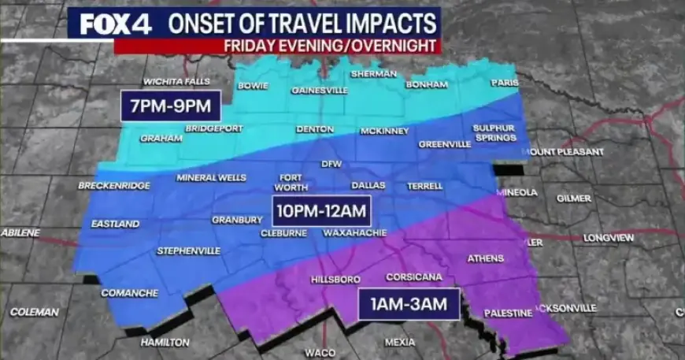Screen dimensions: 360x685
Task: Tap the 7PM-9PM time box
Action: point(171,106)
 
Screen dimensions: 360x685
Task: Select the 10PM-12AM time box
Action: point(321,210)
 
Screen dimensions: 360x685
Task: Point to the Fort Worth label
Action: point(290,183)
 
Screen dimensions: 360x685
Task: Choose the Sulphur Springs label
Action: point(494,132)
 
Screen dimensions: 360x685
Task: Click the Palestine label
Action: point(509,313)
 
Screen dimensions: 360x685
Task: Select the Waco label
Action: point(320,352)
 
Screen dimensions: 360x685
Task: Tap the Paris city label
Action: point(505,82)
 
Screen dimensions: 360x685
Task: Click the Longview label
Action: point(609,237)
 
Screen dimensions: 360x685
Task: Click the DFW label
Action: point(331,164)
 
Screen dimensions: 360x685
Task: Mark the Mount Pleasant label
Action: point(566,151)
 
